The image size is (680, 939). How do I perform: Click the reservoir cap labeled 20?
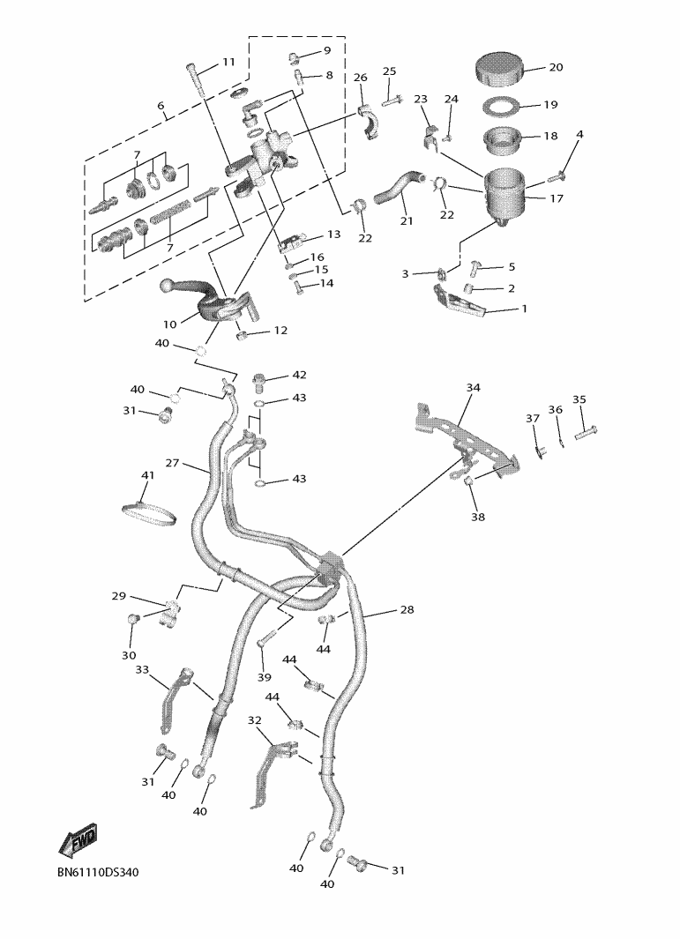tap(500, 70)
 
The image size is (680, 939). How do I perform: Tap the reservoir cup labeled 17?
tap(504, 196)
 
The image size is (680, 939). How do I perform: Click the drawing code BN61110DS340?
tap(98, 872)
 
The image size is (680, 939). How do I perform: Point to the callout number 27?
tap(173, 463)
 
